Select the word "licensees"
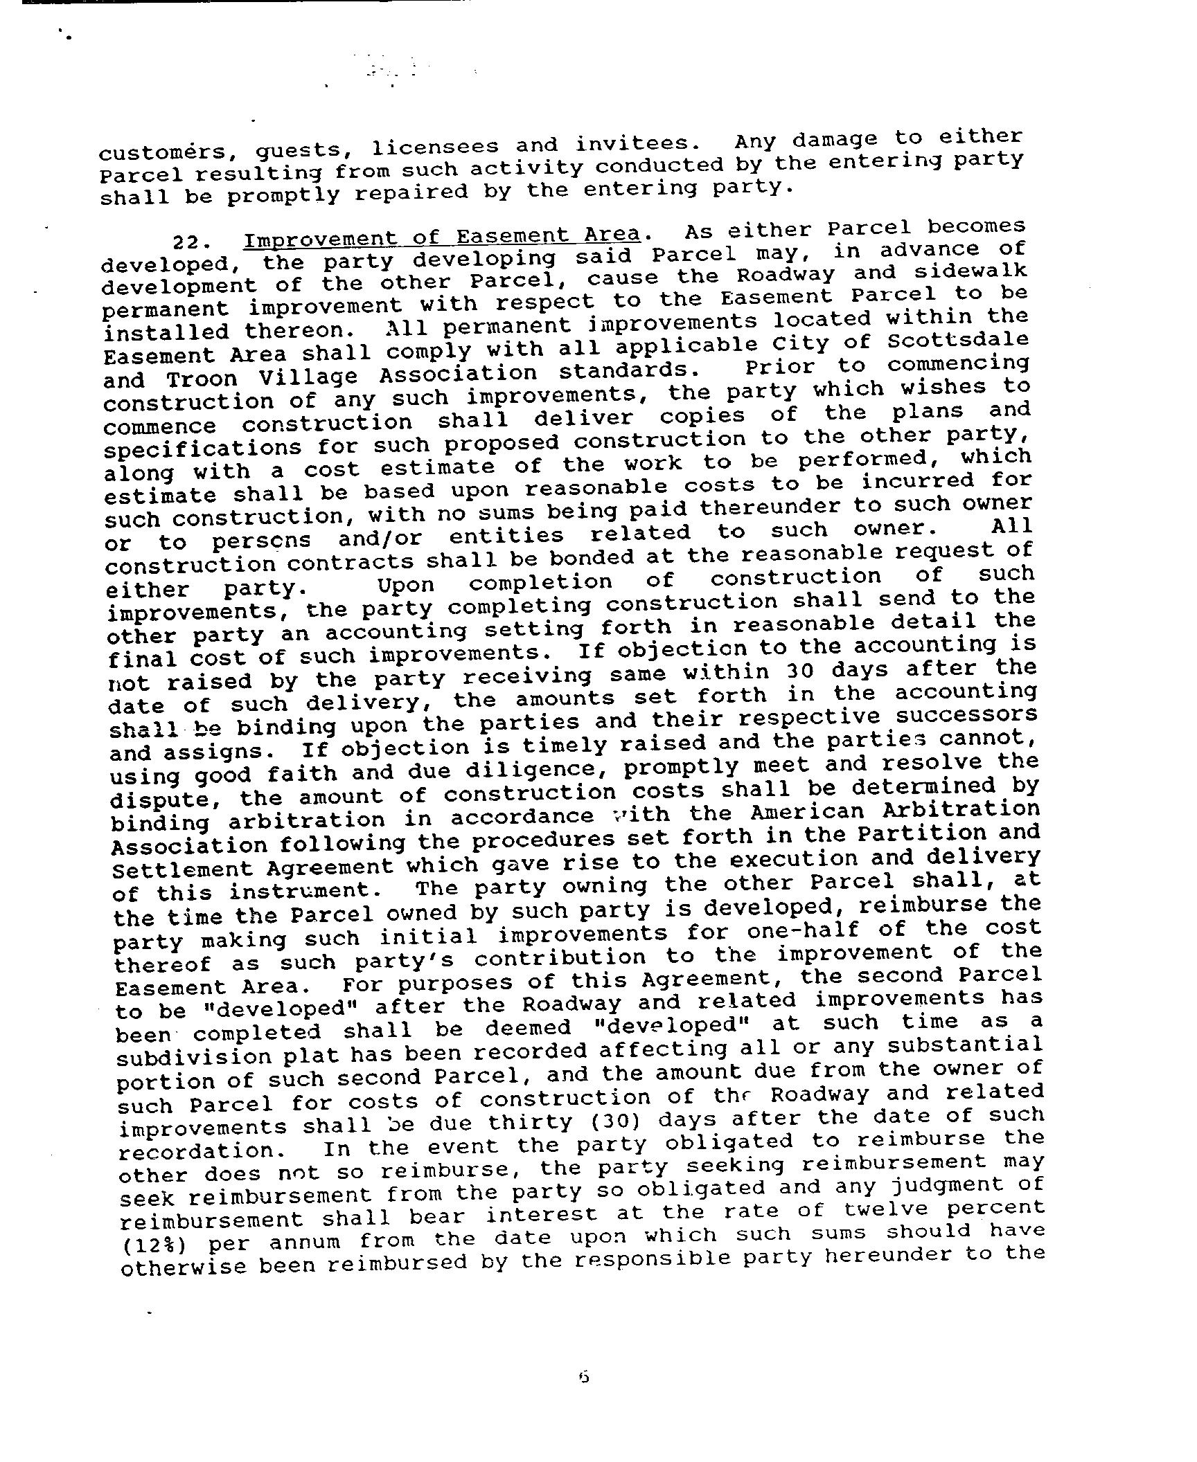[x=435, y=147]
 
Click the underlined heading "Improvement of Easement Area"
[x=441, y=236]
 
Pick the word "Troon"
[x=202, y=379]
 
